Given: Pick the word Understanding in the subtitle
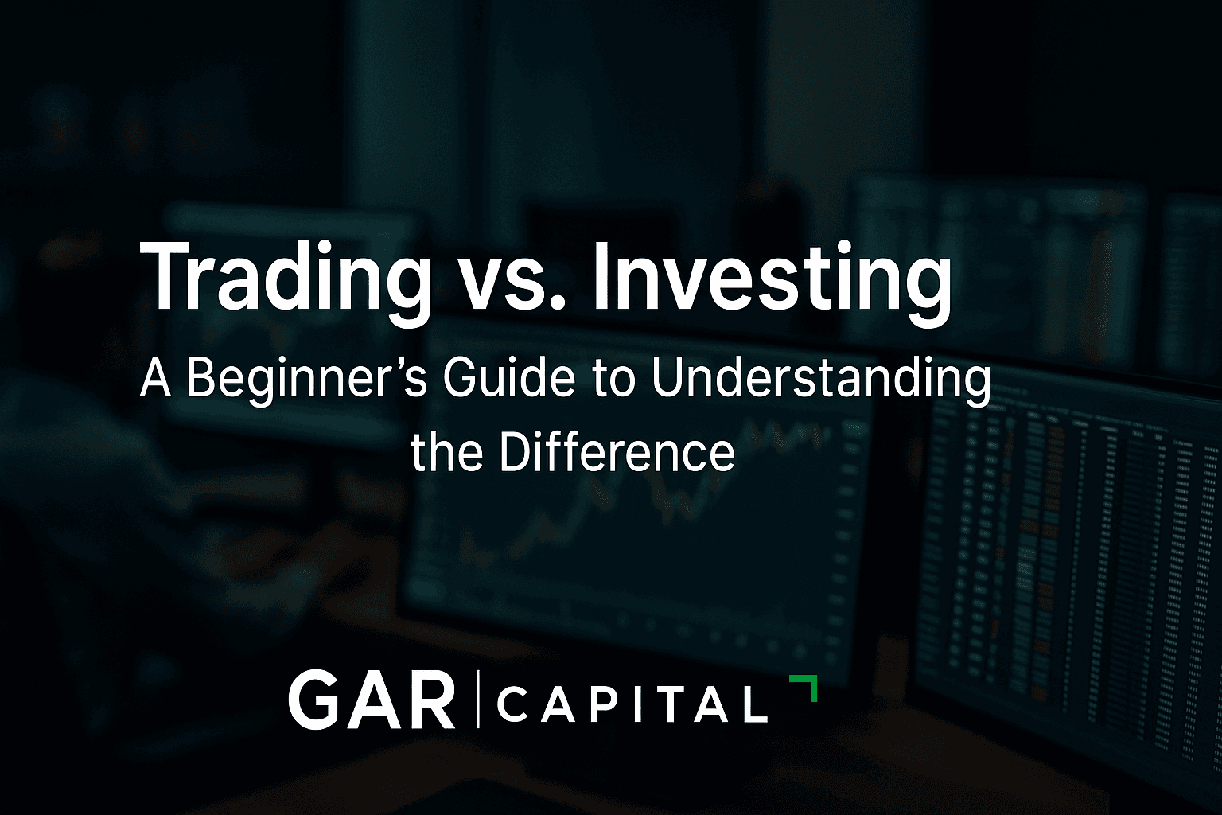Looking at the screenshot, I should pyautogui.click(x=821, y=379).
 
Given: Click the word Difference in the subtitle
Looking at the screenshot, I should pyautogui.click(x=617, y=452).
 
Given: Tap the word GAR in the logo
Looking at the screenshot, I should pyautogui.click(x=372, y=700).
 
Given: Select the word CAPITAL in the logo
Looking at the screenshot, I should pyautogui.click(x=632, y=704).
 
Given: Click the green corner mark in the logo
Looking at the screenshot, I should pyautogui.click(x=805, y=687).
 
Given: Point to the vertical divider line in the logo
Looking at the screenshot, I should pyautogui.click(x=478, y=700).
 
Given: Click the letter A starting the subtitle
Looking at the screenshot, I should pyautogui.click(x=156, y=379).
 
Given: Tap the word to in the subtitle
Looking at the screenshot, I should pyautogui.click(x=613, y=379).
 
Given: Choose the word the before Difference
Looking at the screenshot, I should pyautogui.click(x=447, y=452).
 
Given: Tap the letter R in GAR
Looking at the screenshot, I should pyautogui.click(x=434, y=700).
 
